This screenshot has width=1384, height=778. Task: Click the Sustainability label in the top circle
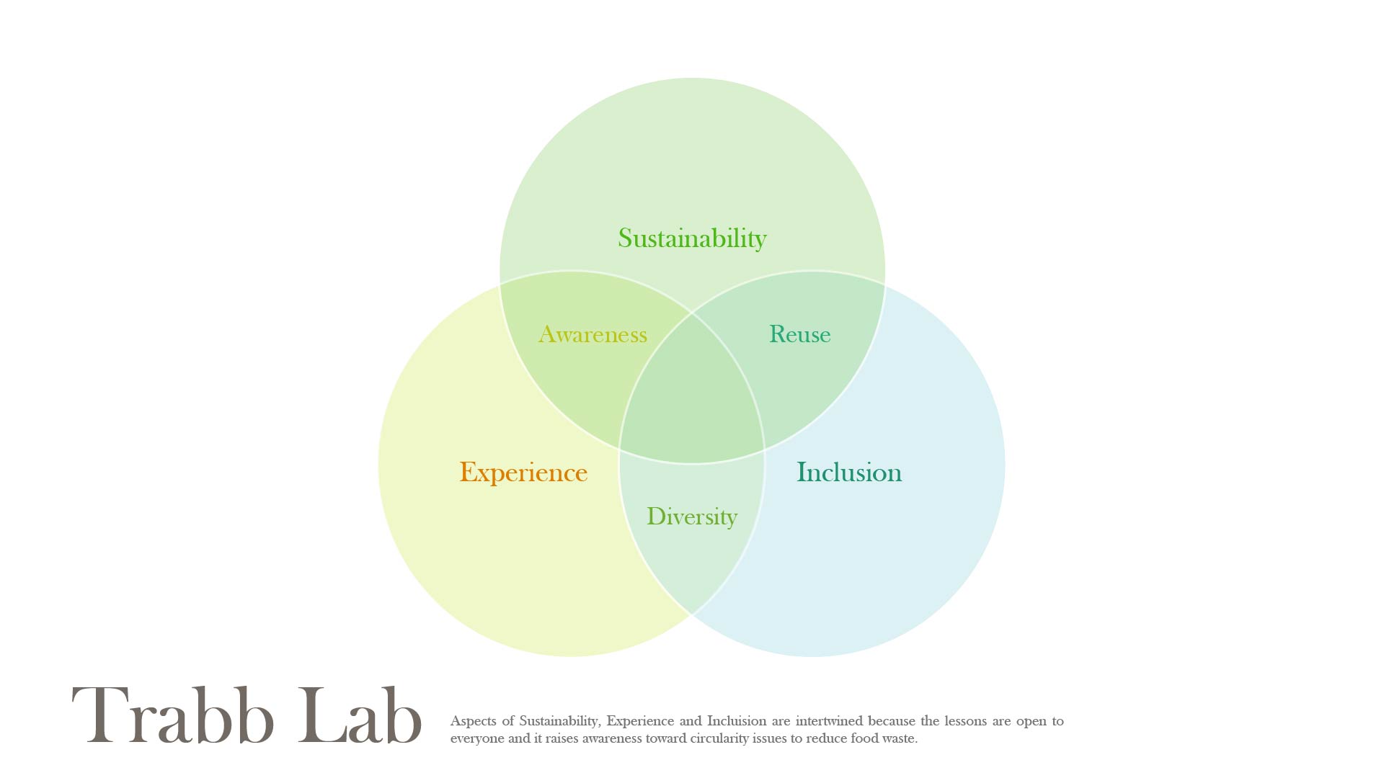pos(692,238)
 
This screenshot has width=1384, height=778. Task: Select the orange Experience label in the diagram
pos(523,473)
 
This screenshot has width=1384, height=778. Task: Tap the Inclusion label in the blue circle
pos(848,473)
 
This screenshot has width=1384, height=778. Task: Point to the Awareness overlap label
pos(593,334)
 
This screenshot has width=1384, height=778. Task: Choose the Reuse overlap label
pos(799,334)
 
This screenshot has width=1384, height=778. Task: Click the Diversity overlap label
pos(691,517)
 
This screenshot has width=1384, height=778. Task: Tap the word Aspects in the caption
pos(473,721)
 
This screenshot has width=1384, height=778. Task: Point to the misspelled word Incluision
pos(737,721)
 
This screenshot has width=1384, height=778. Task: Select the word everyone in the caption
pos(477,738)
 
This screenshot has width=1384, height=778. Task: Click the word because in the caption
pos(892,721)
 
